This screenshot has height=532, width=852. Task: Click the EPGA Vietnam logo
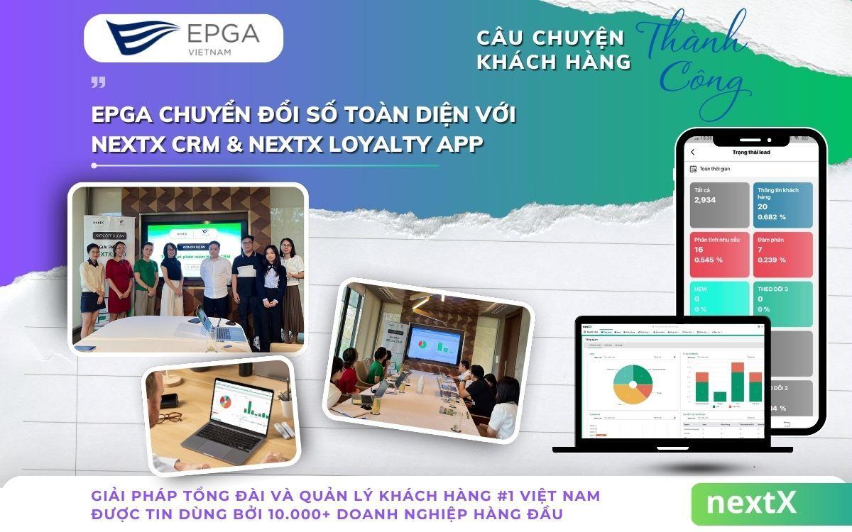pos(182,38)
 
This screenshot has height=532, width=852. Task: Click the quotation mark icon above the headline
pos(98,82)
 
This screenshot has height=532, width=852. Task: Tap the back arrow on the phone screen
pos(693,152)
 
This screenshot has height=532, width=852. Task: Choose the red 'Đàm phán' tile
pos(782,254)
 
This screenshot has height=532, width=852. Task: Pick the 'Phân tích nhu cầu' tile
pos(719,254)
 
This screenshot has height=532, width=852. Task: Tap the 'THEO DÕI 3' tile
pos(782,304)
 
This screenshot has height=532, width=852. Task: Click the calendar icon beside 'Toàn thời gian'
pos(693,169)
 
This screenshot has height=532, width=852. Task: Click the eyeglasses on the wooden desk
pos(170,417)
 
